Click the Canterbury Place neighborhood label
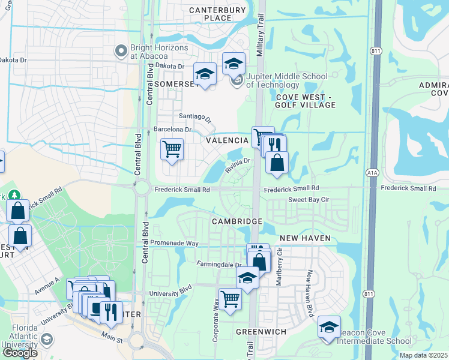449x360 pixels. [217, 14]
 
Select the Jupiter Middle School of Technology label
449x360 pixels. [286, 80]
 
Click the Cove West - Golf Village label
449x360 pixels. [306, 101]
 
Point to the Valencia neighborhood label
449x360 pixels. [228, 140]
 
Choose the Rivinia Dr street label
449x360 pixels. [238, 161]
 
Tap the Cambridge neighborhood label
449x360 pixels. [237, 221]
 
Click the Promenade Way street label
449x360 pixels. [175, 243]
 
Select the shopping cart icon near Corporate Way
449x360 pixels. [231, 298]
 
